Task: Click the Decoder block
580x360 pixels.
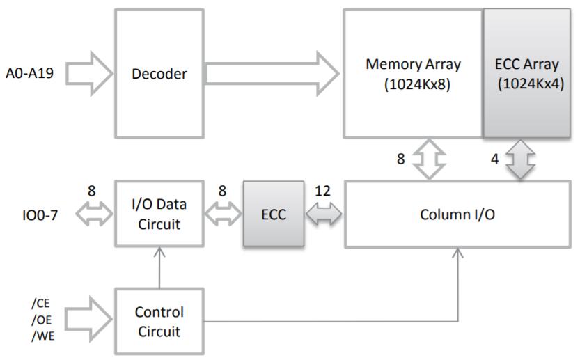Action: tap(159, 73)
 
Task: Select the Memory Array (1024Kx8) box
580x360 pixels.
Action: tap(413, 73)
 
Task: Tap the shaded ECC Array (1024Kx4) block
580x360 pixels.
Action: tap(527, 73)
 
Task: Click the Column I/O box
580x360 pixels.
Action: tap(457, 214)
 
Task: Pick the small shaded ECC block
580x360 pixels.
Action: tap(273, 214)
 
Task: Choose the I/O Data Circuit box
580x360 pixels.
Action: tap(159, 214)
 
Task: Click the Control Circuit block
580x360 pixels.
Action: tap(159, 321)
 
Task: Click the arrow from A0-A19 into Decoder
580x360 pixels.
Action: tap(88, 72)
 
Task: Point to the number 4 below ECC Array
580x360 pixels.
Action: tap(495, 159)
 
